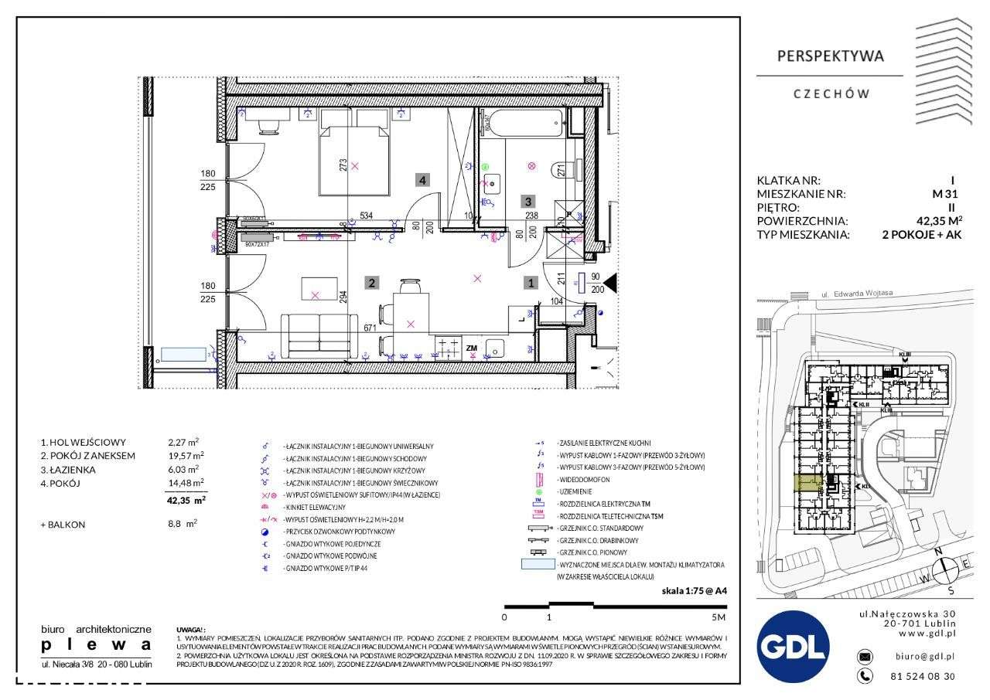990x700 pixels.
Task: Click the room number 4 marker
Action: pyautogui.click(x=422, y=180)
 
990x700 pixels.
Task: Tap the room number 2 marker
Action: pyautogui.click(x=372, y=283)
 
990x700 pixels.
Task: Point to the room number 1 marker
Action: pyautogui.click(x=531, y=283)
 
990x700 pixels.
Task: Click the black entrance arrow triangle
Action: pyautogui.click(x=609, y=284)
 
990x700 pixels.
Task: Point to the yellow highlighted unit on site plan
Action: pyautogui.click(x=809, y=484)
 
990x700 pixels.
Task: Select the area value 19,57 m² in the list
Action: pyautogui.click(x=186, y=456)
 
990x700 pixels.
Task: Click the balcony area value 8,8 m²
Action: pyautogui.click(x=183, y=524)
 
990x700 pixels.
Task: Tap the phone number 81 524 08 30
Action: pyautogui.click(x=923, y=676)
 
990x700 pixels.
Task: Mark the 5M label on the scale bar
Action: pyautogui.click(x=719, y=618)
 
